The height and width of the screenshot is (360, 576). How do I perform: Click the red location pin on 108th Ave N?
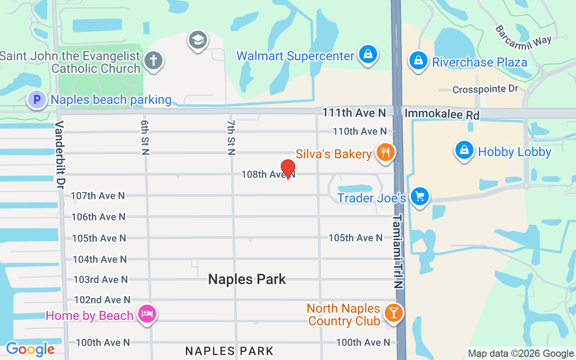288,168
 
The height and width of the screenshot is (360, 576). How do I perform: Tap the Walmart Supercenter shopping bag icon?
368,54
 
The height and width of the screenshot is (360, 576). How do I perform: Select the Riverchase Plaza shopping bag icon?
418,60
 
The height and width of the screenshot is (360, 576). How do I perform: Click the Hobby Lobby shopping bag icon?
464,150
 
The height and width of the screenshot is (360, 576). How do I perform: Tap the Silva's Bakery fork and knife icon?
385,152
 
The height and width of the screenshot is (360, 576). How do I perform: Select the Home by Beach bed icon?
147,314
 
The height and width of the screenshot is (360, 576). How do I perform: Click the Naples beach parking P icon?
37,99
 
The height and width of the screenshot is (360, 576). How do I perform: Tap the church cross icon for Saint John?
153,60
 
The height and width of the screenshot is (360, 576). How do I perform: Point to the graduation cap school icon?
198,40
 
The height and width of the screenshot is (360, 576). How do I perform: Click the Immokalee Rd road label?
442,114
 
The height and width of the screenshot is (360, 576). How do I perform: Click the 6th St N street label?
145,138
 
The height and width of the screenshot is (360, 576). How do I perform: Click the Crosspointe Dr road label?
486,90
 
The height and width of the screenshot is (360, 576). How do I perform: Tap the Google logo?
30,349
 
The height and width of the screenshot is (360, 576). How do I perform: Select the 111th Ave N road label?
354,112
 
